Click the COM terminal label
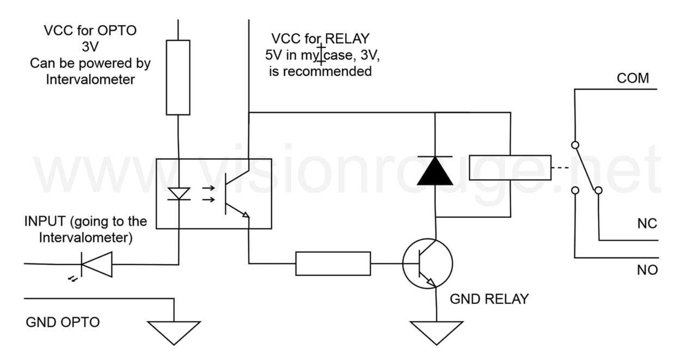pyautogui.click(x=633, y=78)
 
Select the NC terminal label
pyautogui.click(x=647, y=223)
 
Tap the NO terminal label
pyautogui.click(x=647, y=270)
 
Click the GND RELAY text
pyautogui.click(x=488, y=299)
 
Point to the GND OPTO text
pyautogui.click(x=63, y=322)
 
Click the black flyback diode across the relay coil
pyautogui.click(x=435, y=171)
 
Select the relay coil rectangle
pyautogui.click(x=510, y=167)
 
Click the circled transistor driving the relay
pyautogui.click(x=427, y=263)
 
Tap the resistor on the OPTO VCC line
pyautogui.click(x=178, y=77)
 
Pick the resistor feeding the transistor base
pyautogui.click(x=333, y=264)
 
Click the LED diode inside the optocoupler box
pyautogui.click(x=178, y=193)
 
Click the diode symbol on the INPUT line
pyautogui.click(x=96, y=264)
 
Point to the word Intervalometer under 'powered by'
pyautogui.click(x=90, y=80)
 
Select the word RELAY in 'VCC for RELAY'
pyautogui.click(x=347, y=39)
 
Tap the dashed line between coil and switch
pyautogui.click(x=559, y=167)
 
